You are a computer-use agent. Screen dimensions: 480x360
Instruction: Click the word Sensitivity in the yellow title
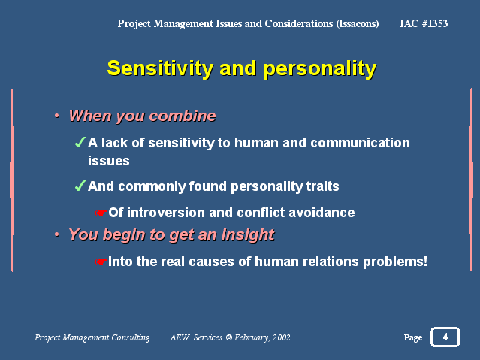[x=160, y=68]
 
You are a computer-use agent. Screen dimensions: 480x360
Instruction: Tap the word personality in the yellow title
[x=320, y=69]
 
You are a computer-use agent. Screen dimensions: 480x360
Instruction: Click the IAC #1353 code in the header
[x=424, y=23]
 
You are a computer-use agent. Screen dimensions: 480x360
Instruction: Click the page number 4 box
[x=445, y=337]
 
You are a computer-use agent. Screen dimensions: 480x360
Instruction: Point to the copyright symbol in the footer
[x=228, y=337]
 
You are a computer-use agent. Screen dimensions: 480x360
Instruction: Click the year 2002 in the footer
[x=282, y=337]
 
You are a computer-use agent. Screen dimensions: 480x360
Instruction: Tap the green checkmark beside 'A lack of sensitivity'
[x=80, y=142]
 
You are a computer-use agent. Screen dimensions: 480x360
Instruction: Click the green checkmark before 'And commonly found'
[x=80, y=186]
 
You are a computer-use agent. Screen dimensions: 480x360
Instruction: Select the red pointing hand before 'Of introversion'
[x=101, y=212]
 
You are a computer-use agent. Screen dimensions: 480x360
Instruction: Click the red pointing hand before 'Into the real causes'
[x=101, y=262]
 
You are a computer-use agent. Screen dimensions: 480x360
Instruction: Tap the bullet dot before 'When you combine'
[x=57, y=116]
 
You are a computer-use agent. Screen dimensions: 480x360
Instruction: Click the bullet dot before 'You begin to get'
[x=57, y=234]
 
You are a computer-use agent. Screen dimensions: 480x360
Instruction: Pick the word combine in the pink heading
[x=183, y=116]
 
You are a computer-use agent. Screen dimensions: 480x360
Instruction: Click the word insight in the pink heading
[x=248, y=235]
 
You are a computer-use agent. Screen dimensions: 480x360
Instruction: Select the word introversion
[x=165, y=213]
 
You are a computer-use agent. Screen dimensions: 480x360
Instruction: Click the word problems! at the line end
[x=395, y=262]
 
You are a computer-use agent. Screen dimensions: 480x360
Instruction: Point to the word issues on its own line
[x=109, y=161]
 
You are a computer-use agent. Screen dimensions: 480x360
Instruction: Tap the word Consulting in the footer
[x=131, y=337]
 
